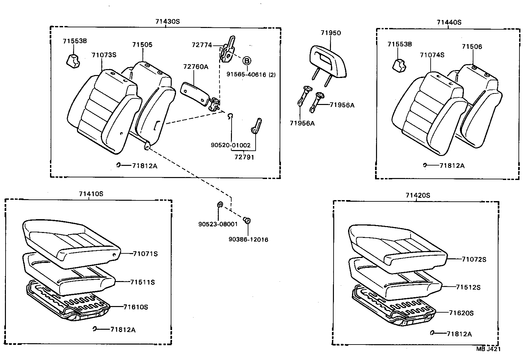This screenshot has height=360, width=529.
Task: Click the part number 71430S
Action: [167, 22]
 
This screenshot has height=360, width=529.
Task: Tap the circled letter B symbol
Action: [247, 61]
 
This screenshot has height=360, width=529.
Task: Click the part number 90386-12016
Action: [248, 240]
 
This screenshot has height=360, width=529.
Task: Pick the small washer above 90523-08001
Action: [220, 205]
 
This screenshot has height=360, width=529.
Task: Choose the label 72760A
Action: [196, 67]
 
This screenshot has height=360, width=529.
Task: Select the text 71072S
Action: [474, 259]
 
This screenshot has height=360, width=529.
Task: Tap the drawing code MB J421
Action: [488, 349]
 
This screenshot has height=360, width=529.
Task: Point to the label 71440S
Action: [449, 22]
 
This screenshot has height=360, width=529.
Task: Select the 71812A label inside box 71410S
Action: [123, 330]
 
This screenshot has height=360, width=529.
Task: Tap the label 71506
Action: [472, 47]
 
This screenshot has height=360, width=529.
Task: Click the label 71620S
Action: [461, 313]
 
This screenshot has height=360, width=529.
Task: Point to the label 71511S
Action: [142, 282]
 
